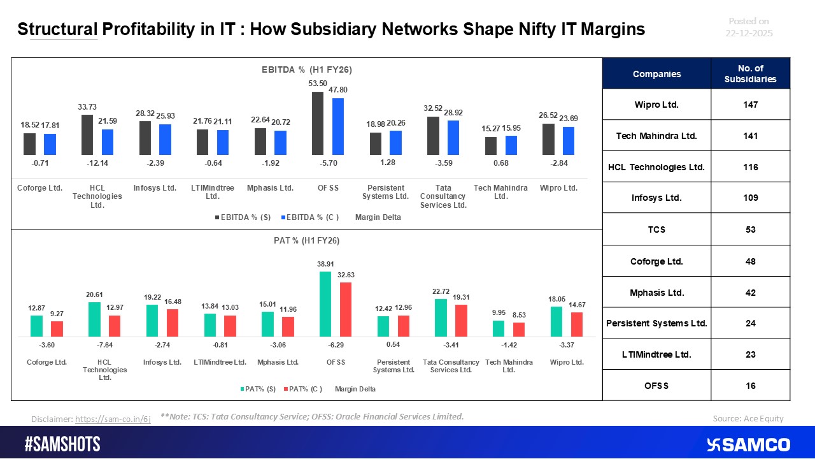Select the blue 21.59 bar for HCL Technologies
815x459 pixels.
pyautogui.click(x=108, y=142)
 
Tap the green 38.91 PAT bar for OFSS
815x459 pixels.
pyautogui.click(x=325, y=303)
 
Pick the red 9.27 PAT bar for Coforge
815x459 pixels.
pyautogui.click(x=57, y=328)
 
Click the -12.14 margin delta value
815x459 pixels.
pyautogui.click(x=98, y=163)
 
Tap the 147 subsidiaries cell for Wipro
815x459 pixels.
pyautogui.click(x=750, y=105)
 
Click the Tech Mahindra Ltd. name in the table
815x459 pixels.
pyautogui.click(x=656, y=136)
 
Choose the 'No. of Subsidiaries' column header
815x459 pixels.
pyautogui.click(x=750, y=74)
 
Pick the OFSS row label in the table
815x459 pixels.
pyautogui.click(x=656, y=385)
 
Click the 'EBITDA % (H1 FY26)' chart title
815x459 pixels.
pyautogui.click(x=307, y=69)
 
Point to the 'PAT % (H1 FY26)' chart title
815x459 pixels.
pyautogui.click(x=307, y=241)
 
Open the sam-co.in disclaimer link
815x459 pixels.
pyautogui.click(x=113, y=419)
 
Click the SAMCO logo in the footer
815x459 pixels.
pyautogui.click(x=749, y=444)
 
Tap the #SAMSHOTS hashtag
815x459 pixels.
pyautogui.click(x=62, y=444)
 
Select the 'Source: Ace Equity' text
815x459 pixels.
pyautogui.click(x=748, y=419)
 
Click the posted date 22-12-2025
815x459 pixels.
pyautogui.click(x=749, y=33)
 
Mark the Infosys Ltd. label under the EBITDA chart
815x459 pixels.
pyautogui.click(x=155, y=188)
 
